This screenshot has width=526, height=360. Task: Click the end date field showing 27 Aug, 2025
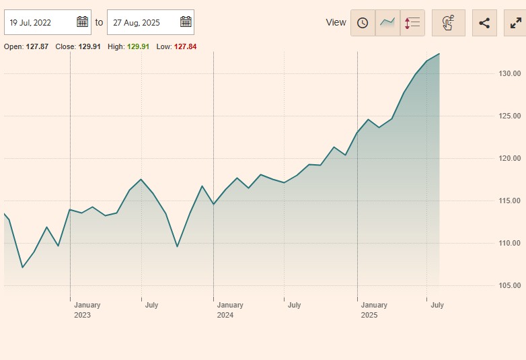pos(141,22)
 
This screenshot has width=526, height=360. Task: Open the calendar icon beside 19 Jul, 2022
pos(82,22)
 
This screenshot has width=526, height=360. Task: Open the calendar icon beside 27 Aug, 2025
pos(186,22)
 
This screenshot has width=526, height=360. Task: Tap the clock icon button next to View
pos(363,23)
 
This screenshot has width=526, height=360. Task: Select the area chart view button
pos(387,23)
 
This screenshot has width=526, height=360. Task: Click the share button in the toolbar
pos(484,23)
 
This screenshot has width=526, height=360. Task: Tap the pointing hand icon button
pos(449,23)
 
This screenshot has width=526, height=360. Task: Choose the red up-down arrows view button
pos(412,23)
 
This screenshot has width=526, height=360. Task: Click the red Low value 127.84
pos(185,46)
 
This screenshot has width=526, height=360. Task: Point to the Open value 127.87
pos(37,46)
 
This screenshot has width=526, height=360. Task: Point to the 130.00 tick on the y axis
pos(510,73)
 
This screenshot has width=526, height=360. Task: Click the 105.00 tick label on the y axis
pos(510,285)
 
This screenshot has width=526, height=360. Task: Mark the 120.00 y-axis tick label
pos(510,158)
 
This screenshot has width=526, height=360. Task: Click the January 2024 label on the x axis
pos(230,310)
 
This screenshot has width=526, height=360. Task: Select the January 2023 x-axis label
pos(87,310)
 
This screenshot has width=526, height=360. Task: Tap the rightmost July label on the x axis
pos(437,305)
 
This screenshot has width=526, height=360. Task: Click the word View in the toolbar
pos(336,23)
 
